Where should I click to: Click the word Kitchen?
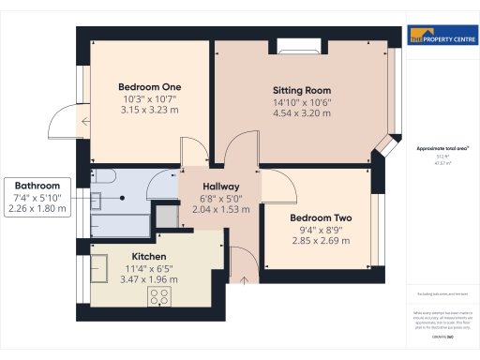[x=149, y=255]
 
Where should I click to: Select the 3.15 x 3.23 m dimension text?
[x=148, y=111]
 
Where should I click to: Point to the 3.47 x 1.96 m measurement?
[x=150, y=279]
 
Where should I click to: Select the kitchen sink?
[x=99, y=266]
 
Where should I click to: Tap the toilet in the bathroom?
[x=102, y=178]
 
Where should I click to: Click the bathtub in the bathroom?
[x=119, y=226]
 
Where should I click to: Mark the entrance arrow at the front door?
[x=245, y=276]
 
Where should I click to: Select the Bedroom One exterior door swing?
[x=67, y=119]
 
